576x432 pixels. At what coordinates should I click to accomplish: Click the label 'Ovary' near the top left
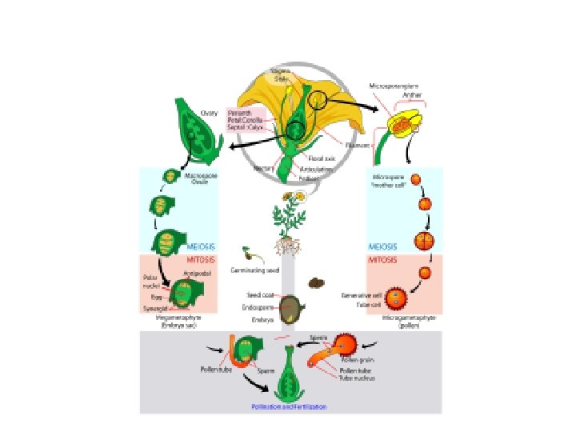210,113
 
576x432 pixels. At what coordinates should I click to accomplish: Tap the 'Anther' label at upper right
412,96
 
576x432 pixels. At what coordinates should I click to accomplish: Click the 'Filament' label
357,146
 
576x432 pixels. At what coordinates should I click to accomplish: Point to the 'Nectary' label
264,168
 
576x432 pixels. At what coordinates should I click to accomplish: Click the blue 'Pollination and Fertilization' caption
289,407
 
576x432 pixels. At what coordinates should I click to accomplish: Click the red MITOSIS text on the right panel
382,260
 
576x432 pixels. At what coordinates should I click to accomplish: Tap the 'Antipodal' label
197,274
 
